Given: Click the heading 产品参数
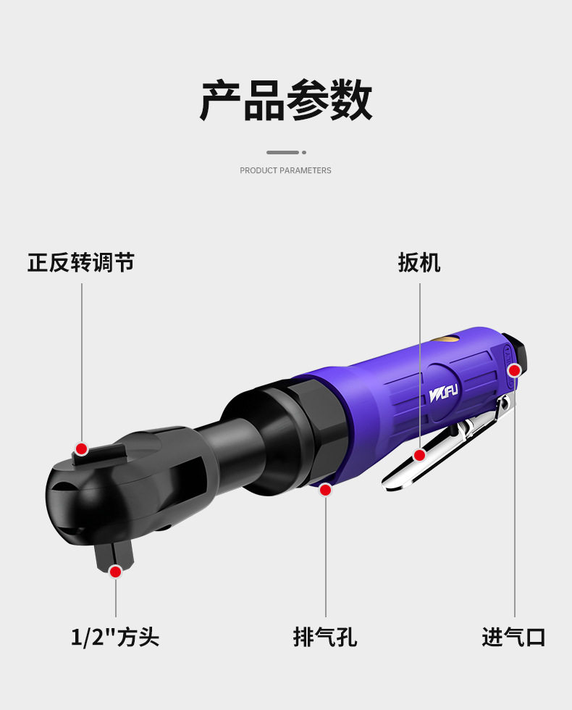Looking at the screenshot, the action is pyautogui.click(x=286, y=101).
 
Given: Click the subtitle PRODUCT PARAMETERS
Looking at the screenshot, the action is pyautogui.click(x=285, y=170).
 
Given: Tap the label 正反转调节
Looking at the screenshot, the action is pyautogui.click(x=81, y=262).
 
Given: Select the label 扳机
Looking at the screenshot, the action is pyautogui.click(x=419, y=262).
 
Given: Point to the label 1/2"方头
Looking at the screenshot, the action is pyautogui.click(x=115, y=637).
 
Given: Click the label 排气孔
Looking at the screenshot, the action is pyautogui.click(x=325, y=637).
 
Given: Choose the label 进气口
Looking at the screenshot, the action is pyautogui.click(x=513, y=637).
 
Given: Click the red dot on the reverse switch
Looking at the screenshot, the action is pyautogui.click(x=81, y=448).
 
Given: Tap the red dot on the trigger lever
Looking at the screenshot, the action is pyautogui.click(x=419, y=455).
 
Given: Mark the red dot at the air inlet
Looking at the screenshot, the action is pyautogui.click(x=514, y=371).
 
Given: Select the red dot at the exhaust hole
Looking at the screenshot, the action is pyautogui.click(x=325, y=490).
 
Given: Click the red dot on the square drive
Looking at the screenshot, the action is pyautogui.click(x=115, y=572).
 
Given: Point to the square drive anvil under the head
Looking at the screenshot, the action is pyautogui.click(x=112, y=555).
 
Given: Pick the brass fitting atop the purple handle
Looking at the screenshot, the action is pyautogui.click(x=443, y=338).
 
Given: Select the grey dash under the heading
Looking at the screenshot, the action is pyautogui.click(x=282, y=152).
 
